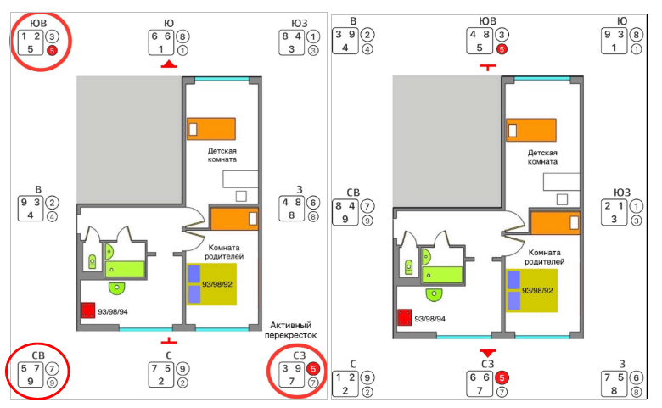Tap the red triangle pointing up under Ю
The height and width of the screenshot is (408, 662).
tap(169, 64)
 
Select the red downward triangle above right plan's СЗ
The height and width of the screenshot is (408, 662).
tap(487, 352)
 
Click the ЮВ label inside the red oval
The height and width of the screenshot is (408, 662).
tap(38, 22)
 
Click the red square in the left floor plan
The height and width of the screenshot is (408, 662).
tap(87, 310)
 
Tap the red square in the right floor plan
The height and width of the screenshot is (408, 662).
tap(405, 317)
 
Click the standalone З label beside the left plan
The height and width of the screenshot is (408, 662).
tap(300, 190)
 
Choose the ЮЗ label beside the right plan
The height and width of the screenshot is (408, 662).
tap(620, 192)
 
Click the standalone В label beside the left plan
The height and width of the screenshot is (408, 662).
tap(38, 190)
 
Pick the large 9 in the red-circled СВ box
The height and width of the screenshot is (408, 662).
tap(30, 382)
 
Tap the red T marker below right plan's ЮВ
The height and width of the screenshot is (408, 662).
tap(487, 67)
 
